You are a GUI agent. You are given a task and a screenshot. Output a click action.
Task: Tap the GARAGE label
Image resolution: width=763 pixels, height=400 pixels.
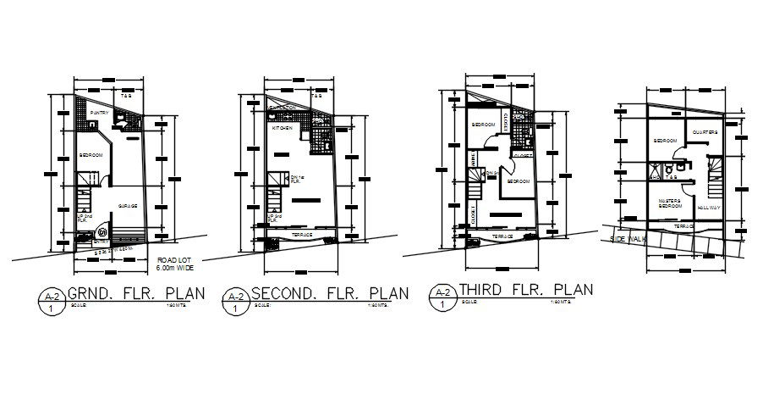(128, 206)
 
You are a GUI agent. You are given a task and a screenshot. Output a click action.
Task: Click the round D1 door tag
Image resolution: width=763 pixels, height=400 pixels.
(103, 231)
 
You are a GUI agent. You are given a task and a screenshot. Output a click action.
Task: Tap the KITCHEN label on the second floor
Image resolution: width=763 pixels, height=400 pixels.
(282, 128)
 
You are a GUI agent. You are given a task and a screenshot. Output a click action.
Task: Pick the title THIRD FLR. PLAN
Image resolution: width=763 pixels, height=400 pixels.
(525, 290)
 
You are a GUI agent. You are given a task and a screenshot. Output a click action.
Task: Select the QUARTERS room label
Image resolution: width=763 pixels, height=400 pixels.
(705, 132)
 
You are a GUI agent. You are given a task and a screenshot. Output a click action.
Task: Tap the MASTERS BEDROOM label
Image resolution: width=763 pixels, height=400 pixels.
(670, 203)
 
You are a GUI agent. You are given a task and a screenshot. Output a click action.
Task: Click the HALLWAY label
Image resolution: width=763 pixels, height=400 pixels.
(709, 207)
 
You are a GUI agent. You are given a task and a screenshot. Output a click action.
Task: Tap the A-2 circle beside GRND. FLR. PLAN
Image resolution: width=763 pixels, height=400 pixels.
(52, 300)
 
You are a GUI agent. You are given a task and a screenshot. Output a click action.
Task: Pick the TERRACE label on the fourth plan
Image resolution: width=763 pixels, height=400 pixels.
(684, 227)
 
